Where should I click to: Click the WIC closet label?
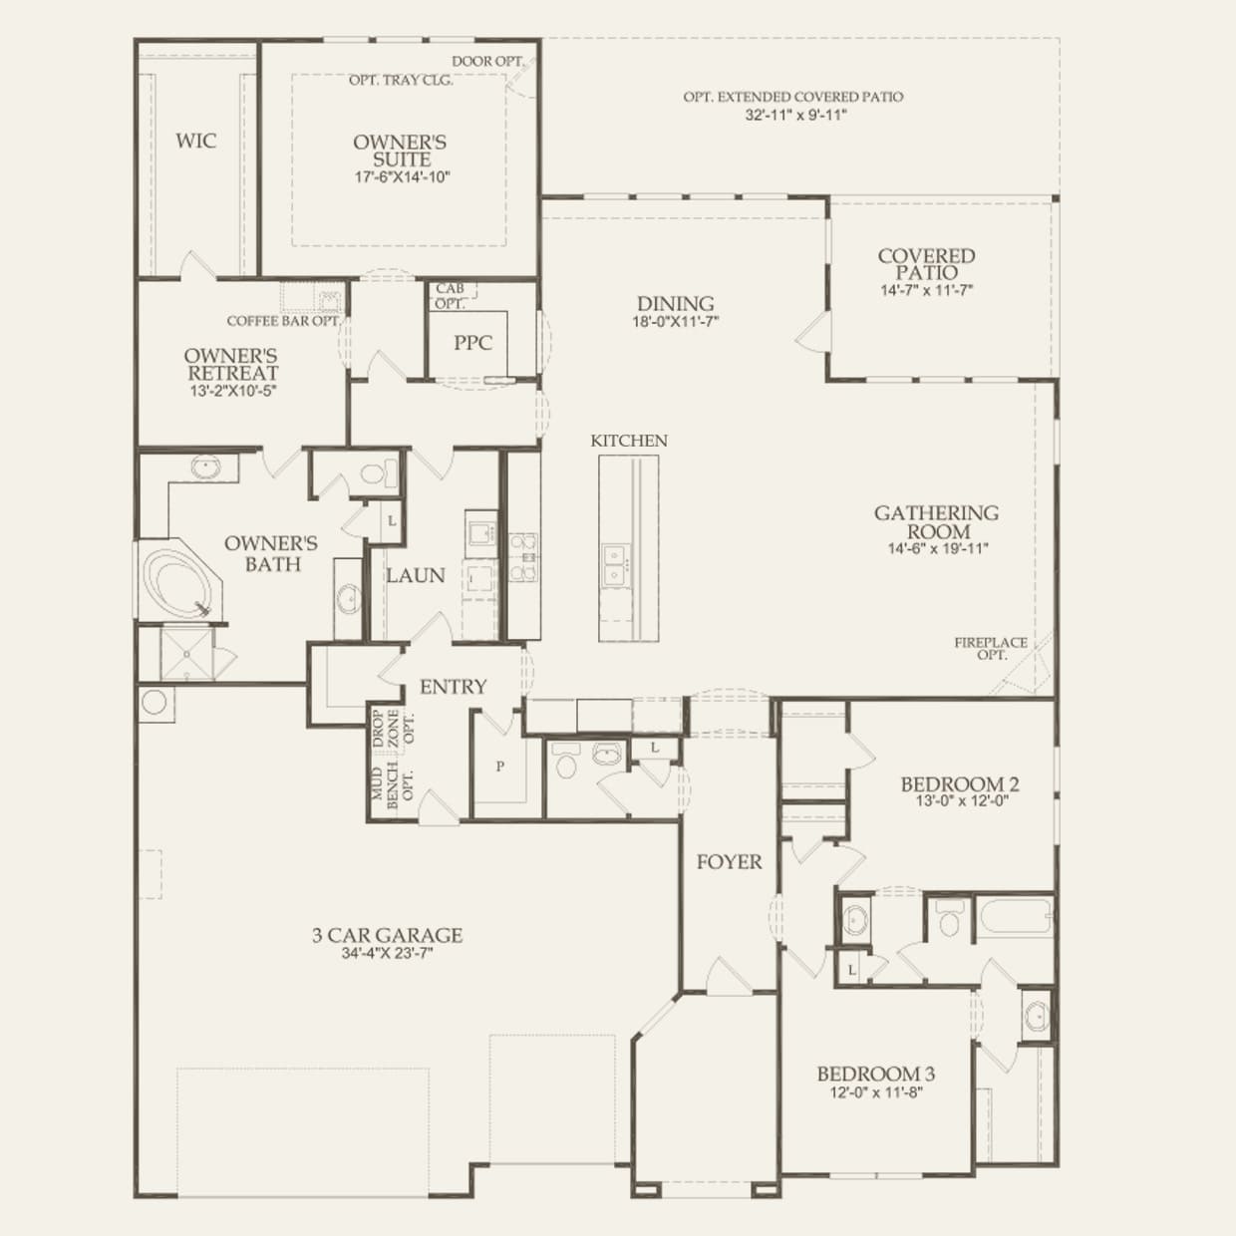click(x=195, y=141)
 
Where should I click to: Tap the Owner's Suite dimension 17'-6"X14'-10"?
click(x=400, y=177)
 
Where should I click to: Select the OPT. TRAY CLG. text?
click(x=401, y=80)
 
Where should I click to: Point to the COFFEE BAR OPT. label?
click(x=283, y=321)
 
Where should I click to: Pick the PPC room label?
click(x=472, y=343)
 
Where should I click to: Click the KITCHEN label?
click(x=629, y=441)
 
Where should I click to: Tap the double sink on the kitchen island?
click(x=615, y=564)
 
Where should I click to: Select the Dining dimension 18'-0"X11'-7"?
click(x=676, y=322)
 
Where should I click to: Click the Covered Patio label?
click(x=926, y=264)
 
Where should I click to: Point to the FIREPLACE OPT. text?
click(x=990, y=649)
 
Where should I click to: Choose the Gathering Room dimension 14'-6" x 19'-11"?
click(x=937, y=548)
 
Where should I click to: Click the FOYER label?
click(x=729, y=862)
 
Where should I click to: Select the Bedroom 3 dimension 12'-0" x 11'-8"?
click(x=875, y=1092)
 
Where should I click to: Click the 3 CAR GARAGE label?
click(x=387, y=935)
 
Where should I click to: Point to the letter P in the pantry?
click(x=500, y=767)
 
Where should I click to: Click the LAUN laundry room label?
click(x=416, y=576)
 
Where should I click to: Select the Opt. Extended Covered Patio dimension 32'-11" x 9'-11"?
click(x=793, y=116)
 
